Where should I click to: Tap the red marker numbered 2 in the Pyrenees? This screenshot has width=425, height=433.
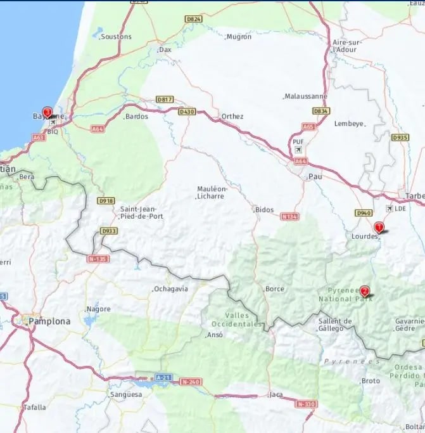pos(364,292)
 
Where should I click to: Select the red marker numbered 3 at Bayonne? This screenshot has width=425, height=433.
pos(47,112)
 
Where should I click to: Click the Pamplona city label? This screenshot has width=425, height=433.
pos(49,321)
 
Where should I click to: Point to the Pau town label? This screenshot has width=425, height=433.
pos(315,177)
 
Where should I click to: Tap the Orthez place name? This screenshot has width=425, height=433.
pos(232,117)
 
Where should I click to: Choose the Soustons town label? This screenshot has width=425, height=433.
pos(117,37)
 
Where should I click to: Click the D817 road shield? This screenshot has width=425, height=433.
pos(165,100)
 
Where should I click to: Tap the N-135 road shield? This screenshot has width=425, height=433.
pos(98,259)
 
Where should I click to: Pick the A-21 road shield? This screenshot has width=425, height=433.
pos(163,377)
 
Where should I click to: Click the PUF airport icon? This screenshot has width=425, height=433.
pos(298,150)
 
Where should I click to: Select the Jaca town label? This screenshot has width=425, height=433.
pos(276,395)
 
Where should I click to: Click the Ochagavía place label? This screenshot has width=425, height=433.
pos(171,289)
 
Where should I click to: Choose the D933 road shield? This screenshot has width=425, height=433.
pos(109,231)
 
